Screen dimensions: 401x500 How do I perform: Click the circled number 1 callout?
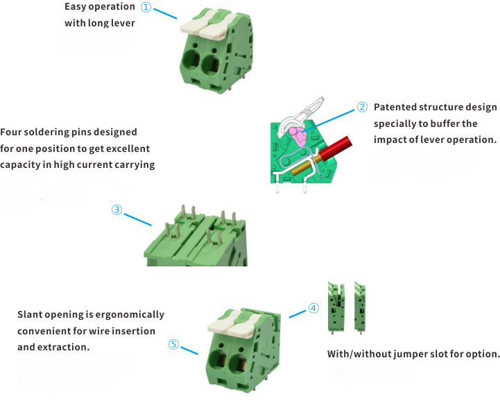pyautogui.click(x=146, y=7)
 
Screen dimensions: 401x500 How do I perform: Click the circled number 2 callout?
pyautogui.click(x=361, y=107)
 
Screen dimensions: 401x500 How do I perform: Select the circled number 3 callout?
pyautogui.click(x=117, y=209)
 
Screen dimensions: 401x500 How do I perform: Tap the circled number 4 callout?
pyautogui.click(x=313, y=307)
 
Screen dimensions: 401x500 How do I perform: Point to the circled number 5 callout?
pyautogui.click(x=173, y=344)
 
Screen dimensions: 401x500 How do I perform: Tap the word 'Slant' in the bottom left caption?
pyautogui.click(x=31, y=314)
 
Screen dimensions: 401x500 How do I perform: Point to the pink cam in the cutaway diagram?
pyautogui.click(x=298, y=135)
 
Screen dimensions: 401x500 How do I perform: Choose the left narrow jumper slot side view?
pyautogui.click(x=336, y=307)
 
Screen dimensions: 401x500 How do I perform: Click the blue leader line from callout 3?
pyautogui.click(x=137, y=217)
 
